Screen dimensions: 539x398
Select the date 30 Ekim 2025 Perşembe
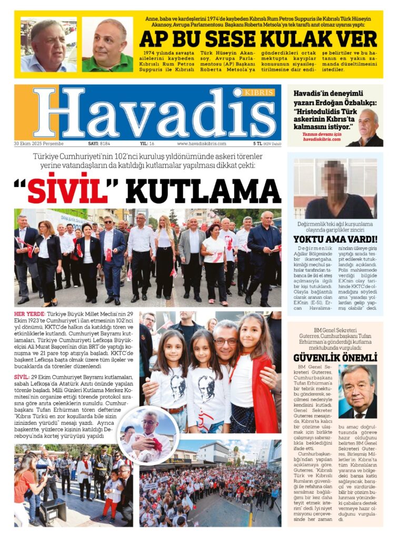(39, 144)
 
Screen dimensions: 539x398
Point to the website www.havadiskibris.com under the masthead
(202, 144)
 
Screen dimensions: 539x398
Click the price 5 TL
(258, 144)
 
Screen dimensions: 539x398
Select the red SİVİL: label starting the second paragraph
(22, 377)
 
